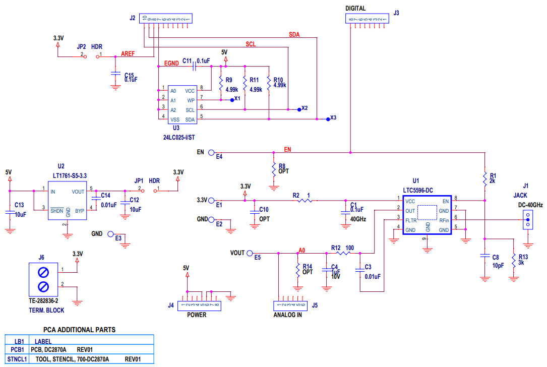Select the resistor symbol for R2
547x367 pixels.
(x=304, y=201)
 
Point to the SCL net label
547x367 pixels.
(x=251, y=44)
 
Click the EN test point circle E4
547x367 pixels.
(x=211, y=152)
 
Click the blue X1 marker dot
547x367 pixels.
(x=231, y=100)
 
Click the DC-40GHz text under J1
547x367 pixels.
(x=530, y=205)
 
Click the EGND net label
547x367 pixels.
(x=172, y=64)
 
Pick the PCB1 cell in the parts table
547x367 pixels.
(x=16, y=349)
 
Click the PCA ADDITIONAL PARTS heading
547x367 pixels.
(x=79, y=330)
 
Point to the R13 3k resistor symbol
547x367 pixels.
(x=513, y=260)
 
